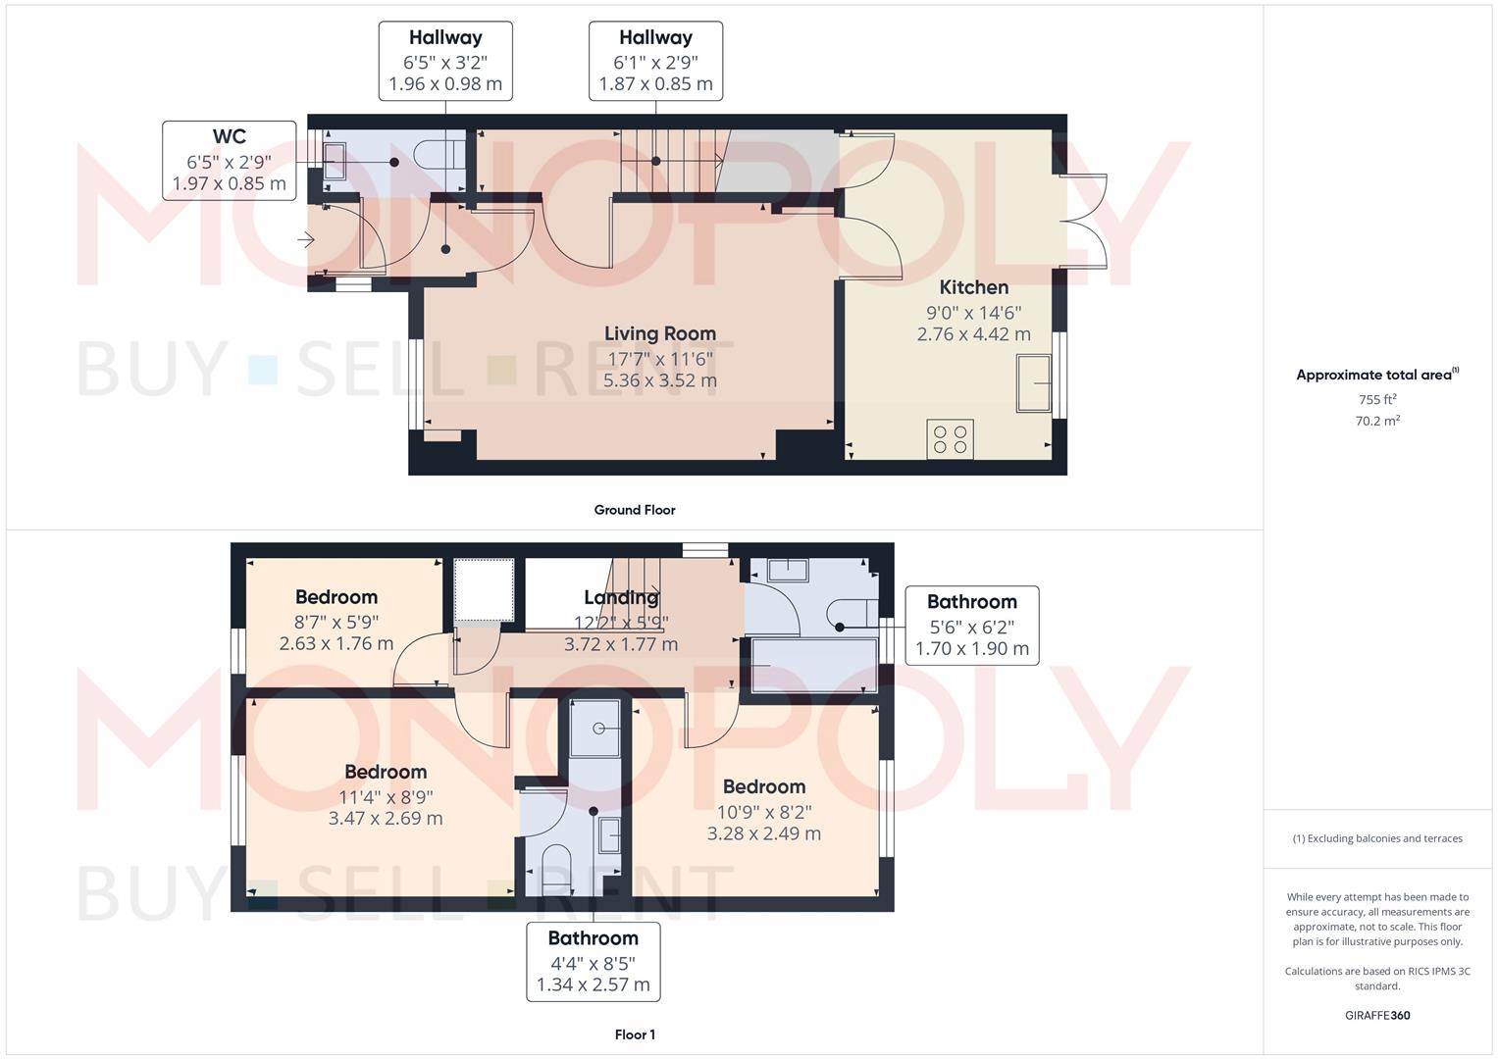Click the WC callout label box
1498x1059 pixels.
click(230, 161)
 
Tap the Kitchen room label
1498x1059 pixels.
click(973, 287)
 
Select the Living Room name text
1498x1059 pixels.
click(659, 333)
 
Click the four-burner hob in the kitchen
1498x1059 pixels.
click(950, 438)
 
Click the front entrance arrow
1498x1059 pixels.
click(306, 239)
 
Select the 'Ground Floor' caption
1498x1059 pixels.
click(635, 510)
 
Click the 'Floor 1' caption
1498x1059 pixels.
click(635, 1034)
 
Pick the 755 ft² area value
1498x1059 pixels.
click(1377, 400)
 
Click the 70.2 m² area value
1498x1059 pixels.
click(1377, 421)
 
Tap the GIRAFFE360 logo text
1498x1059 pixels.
click(1377, 1016)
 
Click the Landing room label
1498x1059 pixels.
click(621, 597)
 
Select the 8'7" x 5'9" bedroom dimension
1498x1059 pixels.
click(336, 622)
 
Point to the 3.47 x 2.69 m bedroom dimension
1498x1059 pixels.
click(386, 818)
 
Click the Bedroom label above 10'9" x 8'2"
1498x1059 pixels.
click(764, 786)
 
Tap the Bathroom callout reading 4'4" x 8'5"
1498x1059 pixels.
click(594, 961)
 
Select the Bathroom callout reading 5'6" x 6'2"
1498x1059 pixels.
click(972, 626)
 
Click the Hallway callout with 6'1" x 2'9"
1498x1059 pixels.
click(655, 61)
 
